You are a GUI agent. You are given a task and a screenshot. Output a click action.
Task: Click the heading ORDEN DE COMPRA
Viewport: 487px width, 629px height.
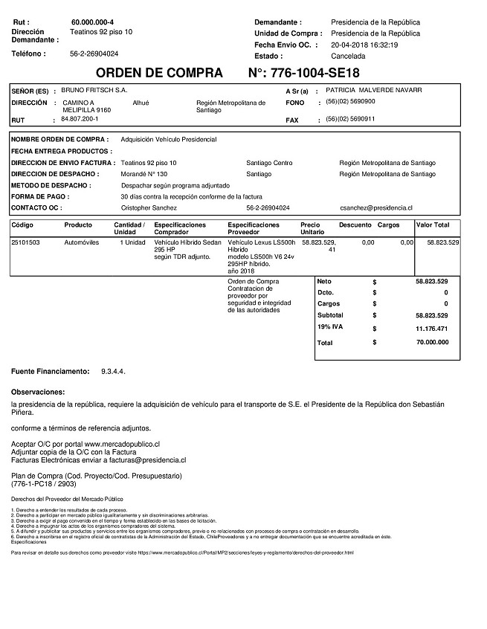coord(159,73)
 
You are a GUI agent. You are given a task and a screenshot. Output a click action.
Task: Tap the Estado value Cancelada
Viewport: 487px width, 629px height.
coord(348,56)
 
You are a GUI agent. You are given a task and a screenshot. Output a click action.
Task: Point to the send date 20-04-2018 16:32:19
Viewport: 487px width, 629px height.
coord(364,45)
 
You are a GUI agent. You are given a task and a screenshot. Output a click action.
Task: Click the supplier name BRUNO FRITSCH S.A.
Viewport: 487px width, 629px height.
coord(94,89)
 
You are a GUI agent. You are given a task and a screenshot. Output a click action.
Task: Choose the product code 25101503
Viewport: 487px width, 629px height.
coord(26,242)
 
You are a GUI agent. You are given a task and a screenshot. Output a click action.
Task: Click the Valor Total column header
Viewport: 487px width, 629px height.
coord(433,225)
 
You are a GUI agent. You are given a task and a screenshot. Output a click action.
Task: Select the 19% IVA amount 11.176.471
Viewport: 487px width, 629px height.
coord(430,328)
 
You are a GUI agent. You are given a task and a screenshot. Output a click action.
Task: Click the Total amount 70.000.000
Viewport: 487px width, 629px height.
coord(430,343)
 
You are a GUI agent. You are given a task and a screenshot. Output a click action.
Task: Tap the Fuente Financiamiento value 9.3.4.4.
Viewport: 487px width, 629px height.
coord(112,370)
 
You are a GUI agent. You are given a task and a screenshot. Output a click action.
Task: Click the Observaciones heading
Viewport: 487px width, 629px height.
coord(38,391)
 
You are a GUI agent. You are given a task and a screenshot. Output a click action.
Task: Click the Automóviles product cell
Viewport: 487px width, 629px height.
coord(81,242)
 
